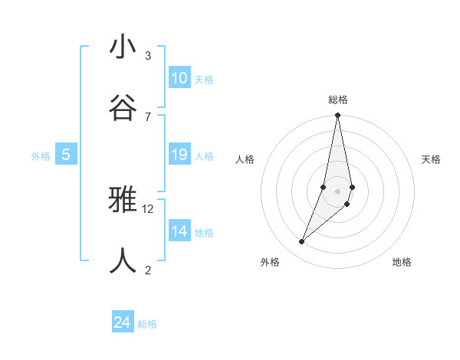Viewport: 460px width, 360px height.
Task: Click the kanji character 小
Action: point(123,47)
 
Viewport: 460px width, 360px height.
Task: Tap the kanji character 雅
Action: point(123,201)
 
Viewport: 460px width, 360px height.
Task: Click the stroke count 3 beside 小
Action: point(148,56)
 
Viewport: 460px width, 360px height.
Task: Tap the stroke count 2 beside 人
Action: point(148,269)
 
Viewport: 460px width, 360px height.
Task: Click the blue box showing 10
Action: point(179,78)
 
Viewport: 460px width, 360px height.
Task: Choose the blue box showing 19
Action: point(179,155)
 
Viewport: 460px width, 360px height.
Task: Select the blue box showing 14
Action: point(179,231)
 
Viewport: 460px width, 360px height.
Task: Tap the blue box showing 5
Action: point(66,155)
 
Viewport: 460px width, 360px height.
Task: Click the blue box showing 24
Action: point(123,323)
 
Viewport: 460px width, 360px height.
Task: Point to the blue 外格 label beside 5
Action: point(41,156)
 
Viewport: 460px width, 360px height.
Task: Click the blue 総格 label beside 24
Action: point(147,324)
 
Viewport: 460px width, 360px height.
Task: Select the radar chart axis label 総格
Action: point(338,100)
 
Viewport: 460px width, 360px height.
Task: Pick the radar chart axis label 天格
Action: point(431,159)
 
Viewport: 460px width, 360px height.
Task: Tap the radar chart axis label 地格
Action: point(402,262)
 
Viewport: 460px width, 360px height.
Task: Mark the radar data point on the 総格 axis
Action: point(337,116)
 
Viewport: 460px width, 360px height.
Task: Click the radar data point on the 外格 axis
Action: point(302,242)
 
